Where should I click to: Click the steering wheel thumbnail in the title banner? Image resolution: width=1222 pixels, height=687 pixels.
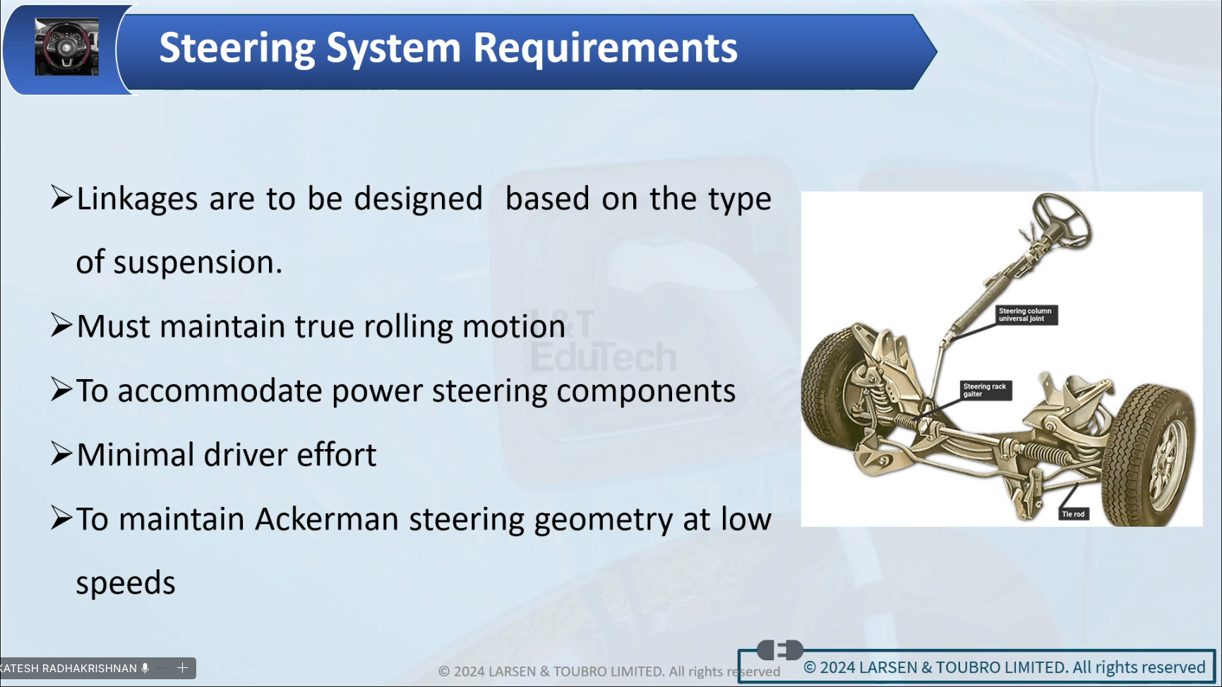click(66, 47)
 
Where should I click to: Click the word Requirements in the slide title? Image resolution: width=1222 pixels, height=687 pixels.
click(605, 48)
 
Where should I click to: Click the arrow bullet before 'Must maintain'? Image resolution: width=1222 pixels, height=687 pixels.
click(61, 326)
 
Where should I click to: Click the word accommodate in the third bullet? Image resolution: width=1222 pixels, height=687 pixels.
click(220, 391)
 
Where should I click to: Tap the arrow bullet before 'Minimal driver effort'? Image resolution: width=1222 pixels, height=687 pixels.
click(61, 454)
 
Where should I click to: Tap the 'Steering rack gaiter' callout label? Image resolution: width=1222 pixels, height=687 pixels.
click(986, 390)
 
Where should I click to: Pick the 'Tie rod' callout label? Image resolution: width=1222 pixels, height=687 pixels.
click(1073, 514)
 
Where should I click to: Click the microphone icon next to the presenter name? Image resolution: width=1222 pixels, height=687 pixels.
click(145, 668)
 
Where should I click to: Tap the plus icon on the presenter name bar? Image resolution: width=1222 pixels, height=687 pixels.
click(182, 668)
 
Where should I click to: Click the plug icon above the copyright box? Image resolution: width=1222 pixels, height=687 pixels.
click(780, 650)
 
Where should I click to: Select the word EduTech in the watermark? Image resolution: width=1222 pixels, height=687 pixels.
click(604, 357)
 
